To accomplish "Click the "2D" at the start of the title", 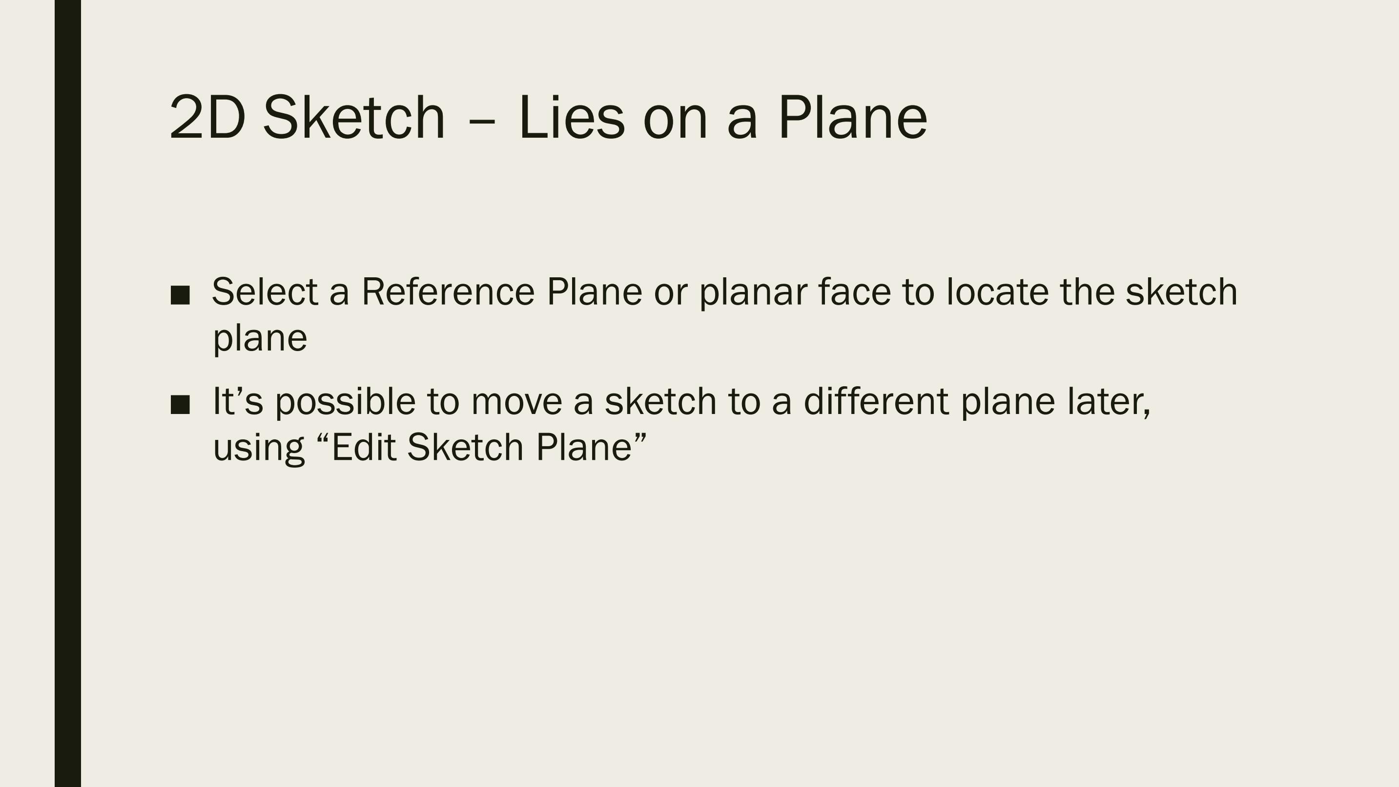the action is pyautogui.click(x=207, y=117).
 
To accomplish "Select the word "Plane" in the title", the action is pyautogui.click(x=853, y=117).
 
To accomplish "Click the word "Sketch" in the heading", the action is pyautogui.click(x=353, y=117).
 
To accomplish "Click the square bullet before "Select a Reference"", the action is pyautogui.click(x=180, y=294).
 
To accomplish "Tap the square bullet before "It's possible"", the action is pyautogui.click(x=180, y=404).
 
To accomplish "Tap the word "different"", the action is pyautogui.click(x=877, y=401).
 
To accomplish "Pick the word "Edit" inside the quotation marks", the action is pyautogui.click(x=363, y=447).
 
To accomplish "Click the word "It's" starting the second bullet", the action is pyautogui.click(x=238, y=401).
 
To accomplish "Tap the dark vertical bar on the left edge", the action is pyautogui.click(x=68, y=393).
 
